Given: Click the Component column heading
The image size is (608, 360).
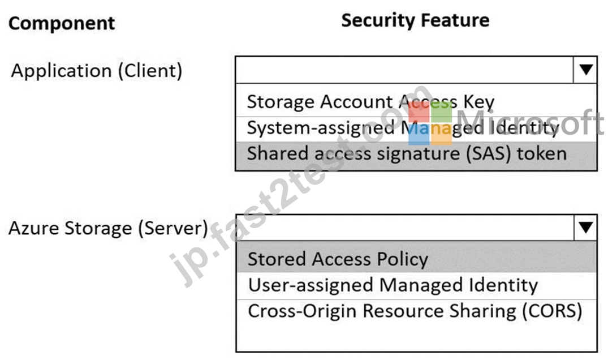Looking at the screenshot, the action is [x=62, y=24].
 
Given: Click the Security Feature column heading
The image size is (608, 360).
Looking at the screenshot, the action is [x=415, y=20].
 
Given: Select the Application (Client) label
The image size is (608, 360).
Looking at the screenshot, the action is [x=97, y=71].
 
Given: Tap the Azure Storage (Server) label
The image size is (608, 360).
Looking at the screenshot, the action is [x=108, y=228].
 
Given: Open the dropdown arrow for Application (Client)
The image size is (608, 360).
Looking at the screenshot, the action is [x=585, y=70].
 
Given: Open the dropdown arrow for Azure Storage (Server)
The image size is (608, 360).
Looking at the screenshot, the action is [x=585, y=228].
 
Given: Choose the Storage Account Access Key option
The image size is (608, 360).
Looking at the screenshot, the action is [x=370, y=102].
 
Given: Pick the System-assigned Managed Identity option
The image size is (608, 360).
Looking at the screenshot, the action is [x=403, y=128].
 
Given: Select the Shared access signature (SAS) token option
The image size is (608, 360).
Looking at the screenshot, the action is [x=407, y=153].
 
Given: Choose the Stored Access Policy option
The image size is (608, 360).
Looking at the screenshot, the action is [x=338, y=259].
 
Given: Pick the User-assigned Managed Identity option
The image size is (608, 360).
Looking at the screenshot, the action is [x=393, y=285].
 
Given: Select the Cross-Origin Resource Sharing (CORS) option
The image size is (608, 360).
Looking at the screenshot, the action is [x=415, y=311].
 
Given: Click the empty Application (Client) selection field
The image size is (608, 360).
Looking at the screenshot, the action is [x=404, y=70].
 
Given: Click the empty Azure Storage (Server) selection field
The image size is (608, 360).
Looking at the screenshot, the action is [x=405, y=228].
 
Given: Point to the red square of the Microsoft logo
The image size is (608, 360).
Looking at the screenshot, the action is [x=419, y=112].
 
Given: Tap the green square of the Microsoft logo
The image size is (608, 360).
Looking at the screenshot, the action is [x=441, y=112].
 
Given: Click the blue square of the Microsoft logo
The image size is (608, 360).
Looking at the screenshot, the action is [x=419, y=134].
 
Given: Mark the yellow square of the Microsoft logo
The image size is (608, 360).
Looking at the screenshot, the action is [x=441, y=134].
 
